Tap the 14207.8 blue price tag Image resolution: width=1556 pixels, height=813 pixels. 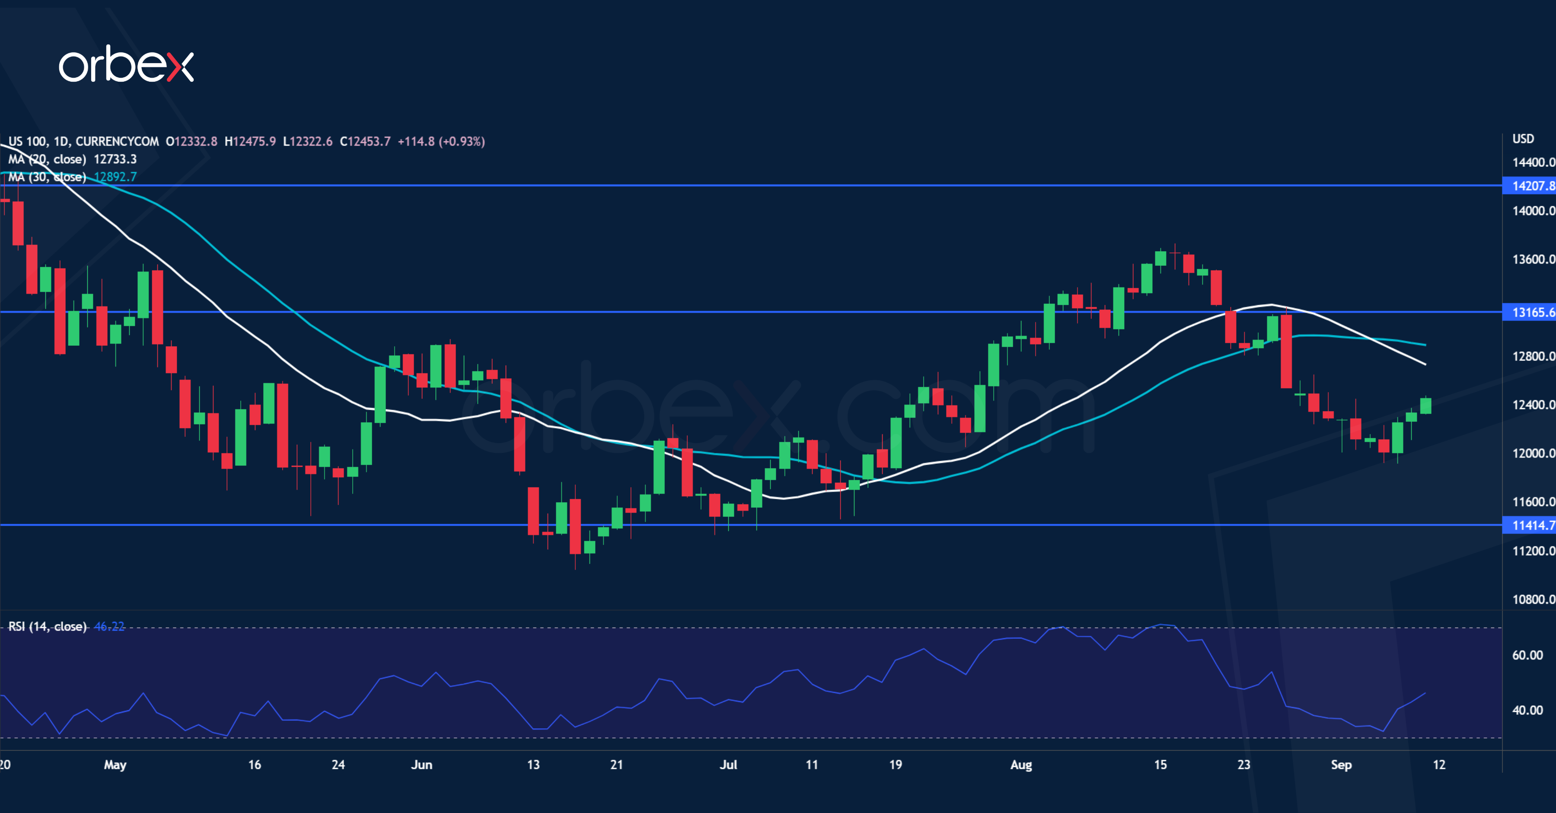click(x=1532, y=186)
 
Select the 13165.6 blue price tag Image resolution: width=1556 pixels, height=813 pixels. click(x=1532, y=312)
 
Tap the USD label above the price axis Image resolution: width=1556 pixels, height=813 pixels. click(x=1523, y=139)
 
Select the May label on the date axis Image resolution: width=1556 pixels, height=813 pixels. click(x=115, y=765)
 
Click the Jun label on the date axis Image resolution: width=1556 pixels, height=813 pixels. click(x=421, y=765)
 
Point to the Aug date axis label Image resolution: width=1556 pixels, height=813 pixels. click(x=1021, y=765)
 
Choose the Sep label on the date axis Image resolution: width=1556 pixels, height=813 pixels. click(x=1341, y=765)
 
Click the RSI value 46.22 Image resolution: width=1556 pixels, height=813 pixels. click(x=109, y=626)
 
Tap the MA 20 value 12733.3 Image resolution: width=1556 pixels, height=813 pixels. click(x=115, y=159)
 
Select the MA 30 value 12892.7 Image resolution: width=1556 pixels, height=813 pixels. click(x=115, y=177)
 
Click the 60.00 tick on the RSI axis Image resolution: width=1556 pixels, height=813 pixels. click(x=1527, y=655)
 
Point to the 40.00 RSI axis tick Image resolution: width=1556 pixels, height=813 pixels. click(x=1527, y=710)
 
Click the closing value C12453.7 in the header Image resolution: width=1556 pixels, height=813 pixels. click(x=365, y=141)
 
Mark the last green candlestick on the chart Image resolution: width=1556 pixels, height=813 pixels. click(x=1425, y=405)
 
